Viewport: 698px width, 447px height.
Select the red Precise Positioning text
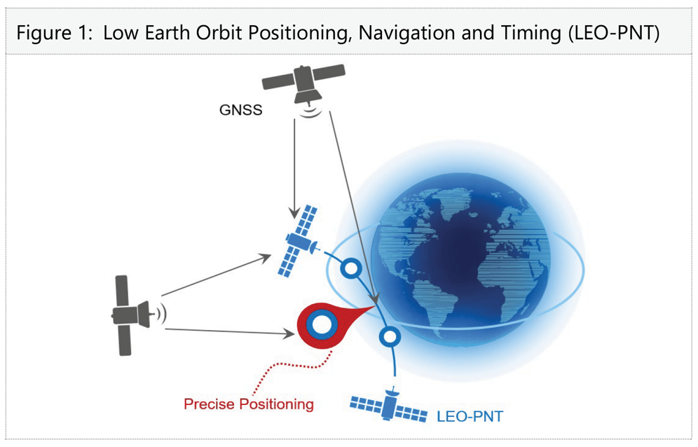[x=248, y=404]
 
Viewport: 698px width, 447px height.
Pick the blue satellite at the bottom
[x=389, y=406]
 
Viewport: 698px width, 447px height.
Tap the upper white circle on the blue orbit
[x=348, y=268]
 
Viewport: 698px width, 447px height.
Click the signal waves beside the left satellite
[x=161, y=313]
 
